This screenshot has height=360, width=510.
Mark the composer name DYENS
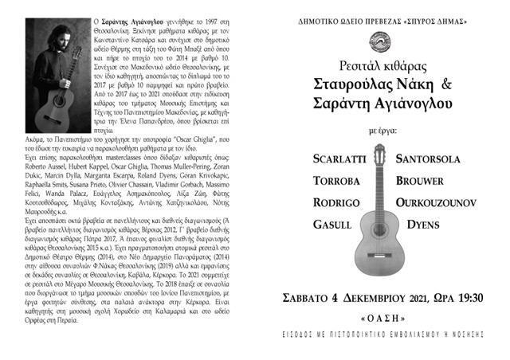pos(423,225)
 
